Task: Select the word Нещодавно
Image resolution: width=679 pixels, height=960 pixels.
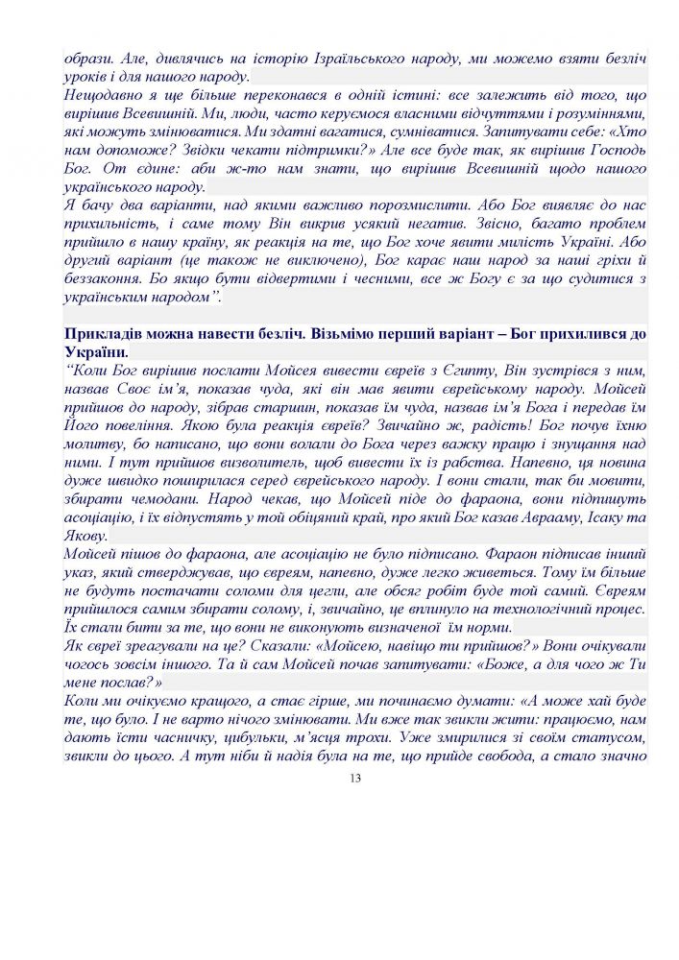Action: tap(101, 96)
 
